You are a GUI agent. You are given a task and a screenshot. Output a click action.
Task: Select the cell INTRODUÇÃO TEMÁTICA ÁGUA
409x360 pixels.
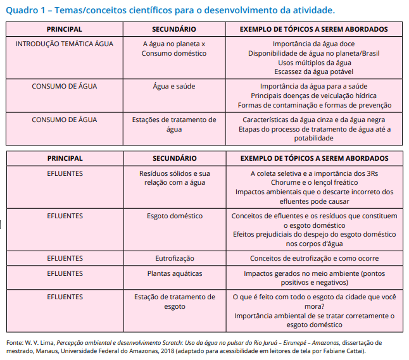coord(65,44)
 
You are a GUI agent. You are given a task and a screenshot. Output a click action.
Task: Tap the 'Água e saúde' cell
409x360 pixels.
coord(174,86)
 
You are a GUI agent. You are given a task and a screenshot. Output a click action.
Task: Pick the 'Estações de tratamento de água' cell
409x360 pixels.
coord(174,124)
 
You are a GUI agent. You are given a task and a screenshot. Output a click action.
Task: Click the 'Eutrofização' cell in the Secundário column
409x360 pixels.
coord(175,258)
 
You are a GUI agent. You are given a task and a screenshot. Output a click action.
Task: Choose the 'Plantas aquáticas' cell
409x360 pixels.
coord(175,273)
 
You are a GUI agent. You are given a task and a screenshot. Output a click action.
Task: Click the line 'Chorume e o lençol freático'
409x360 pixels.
coord(314,182)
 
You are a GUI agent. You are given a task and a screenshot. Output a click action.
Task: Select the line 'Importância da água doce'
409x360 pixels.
coord(314,44)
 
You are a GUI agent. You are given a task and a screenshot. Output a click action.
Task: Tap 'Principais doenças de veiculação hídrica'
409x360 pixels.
coord(314,96)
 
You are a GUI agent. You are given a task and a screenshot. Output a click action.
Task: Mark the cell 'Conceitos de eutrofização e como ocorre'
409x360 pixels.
coord(314,258)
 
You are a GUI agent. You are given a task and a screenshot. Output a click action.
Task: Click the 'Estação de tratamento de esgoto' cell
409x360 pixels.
coord(175,301)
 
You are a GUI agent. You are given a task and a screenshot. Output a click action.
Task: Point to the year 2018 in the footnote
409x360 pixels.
coord(168,351)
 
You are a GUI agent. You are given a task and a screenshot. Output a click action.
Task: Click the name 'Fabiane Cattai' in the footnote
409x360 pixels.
coord(345,351)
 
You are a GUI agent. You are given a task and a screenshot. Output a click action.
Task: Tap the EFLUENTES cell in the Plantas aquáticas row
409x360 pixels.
coord(65,273)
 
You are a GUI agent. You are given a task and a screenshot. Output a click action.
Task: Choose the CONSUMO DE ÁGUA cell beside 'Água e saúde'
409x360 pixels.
coord(65,86)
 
